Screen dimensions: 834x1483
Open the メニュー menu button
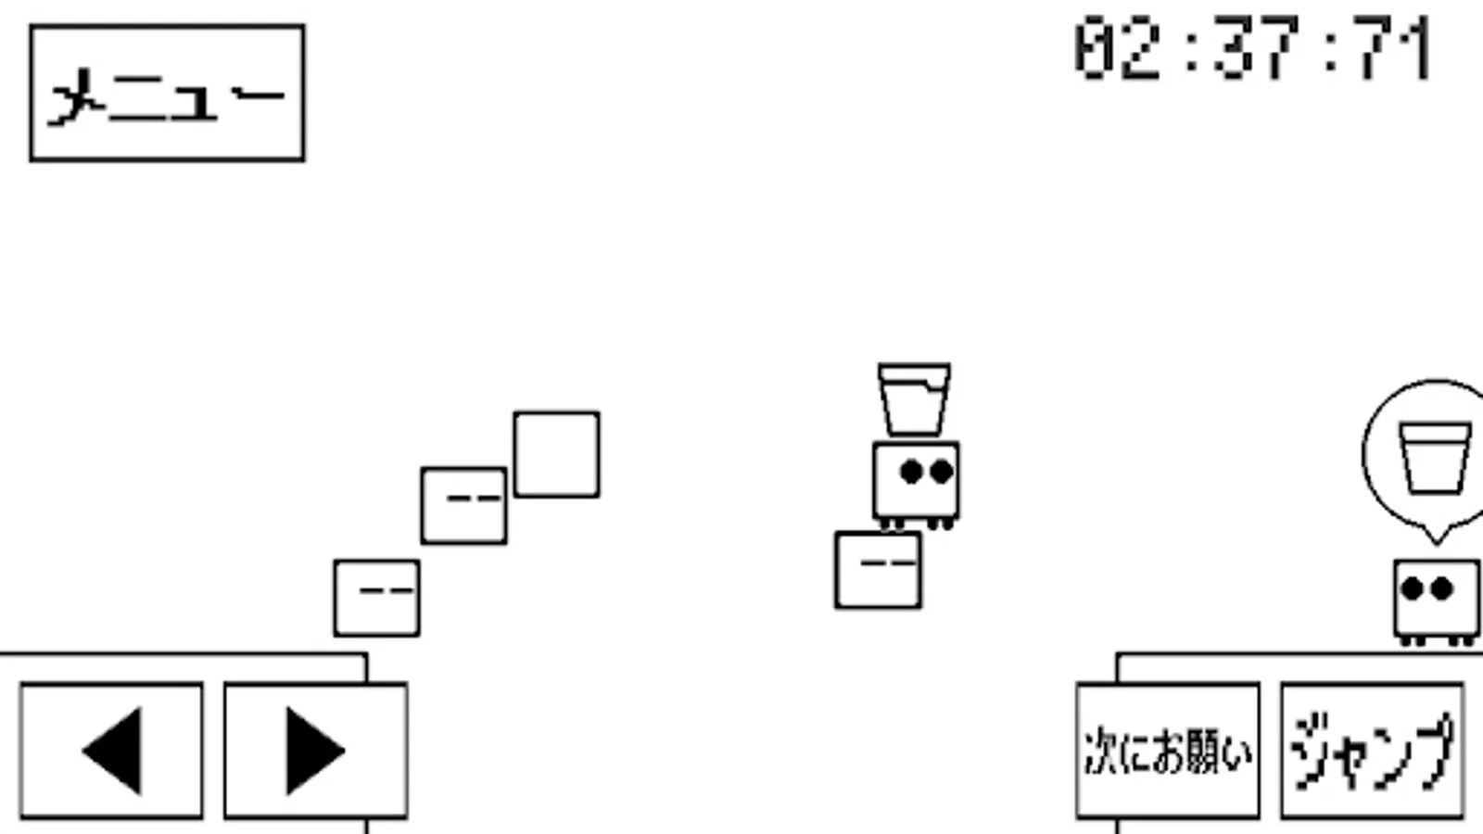167,93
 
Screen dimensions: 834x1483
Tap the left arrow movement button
111,751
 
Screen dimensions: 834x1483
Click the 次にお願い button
1168,751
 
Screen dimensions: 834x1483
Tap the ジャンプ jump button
1372,751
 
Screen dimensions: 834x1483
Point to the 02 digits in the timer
1117,48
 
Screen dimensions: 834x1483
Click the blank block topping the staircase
556,455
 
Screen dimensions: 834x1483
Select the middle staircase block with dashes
463,506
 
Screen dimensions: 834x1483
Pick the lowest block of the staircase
376,599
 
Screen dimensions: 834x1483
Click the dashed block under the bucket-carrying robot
878,570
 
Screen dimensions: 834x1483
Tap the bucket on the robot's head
914,399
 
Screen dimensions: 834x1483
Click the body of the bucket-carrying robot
916,482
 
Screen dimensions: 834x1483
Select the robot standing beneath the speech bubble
1436,599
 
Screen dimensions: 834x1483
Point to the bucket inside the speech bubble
1434,458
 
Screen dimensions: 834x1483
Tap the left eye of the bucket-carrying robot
911,472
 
